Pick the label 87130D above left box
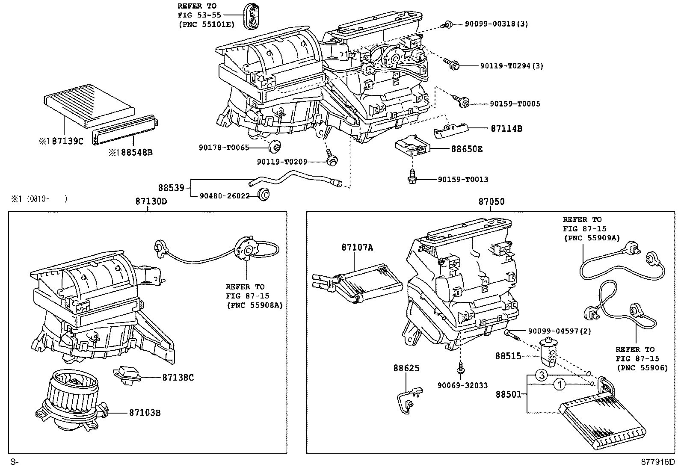[x=148, y=202]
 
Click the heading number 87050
[x=491, y=202]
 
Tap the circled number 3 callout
[x=542, y=375]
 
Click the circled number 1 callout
[x=559, y=385]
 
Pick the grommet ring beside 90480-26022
[x=264, y=195]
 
